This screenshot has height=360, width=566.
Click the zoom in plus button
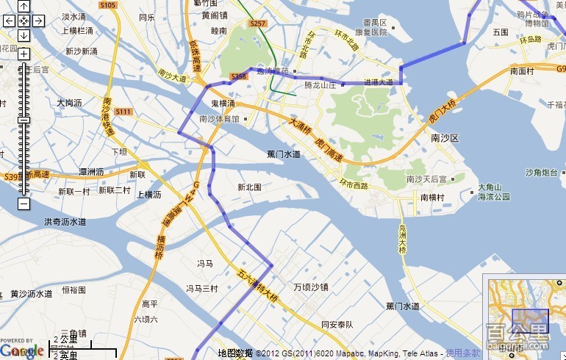click(24, 54)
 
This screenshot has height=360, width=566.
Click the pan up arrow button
click(24, 7)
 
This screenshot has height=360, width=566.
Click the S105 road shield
click(107, 5)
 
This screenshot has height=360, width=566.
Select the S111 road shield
click(123, 112)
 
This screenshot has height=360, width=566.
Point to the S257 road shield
click(257, 24)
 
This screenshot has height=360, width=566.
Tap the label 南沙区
click(445, 137)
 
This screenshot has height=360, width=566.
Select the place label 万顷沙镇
click(311, 287)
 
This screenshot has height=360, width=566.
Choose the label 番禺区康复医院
click(370, 29)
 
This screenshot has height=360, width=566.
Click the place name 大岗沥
click(69, 103)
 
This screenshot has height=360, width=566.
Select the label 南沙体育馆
click(219, 118)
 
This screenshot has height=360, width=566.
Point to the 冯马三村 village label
click(201, 289)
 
